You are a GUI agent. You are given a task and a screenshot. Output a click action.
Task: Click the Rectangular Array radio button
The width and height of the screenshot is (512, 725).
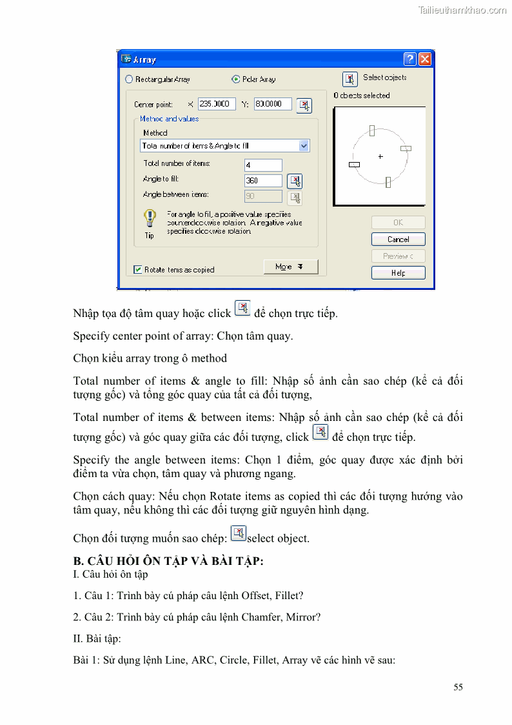129,79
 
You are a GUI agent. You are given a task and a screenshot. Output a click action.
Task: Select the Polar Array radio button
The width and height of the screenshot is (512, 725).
235,79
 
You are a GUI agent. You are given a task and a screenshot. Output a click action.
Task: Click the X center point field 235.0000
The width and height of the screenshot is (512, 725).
217,104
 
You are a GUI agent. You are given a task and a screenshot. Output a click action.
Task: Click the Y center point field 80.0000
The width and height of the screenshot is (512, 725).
272,104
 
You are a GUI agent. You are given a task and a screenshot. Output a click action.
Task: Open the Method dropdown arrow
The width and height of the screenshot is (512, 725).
304,146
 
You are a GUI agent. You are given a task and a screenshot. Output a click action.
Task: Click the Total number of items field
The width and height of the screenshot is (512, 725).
263,165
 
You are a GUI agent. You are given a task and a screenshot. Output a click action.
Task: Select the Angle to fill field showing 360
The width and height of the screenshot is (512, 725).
263,181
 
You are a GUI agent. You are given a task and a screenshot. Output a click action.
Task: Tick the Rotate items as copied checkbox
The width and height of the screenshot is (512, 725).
138,270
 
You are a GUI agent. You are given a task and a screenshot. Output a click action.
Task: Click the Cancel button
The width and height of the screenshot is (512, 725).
398,239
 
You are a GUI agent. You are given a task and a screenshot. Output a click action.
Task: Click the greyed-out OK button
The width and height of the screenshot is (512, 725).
398,222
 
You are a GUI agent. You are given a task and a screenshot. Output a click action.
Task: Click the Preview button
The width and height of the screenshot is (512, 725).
398,256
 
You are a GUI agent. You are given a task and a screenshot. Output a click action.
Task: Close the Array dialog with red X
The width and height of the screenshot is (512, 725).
424,59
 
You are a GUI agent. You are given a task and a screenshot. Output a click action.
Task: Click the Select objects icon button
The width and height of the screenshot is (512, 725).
350,79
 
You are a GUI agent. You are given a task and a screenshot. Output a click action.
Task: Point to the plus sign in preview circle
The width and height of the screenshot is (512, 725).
380,156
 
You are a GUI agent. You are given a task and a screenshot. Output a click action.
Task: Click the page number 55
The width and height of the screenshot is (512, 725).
458,687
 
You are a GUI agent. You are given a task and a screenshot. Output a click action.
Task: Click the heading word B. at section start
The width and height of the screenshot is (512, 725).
79,562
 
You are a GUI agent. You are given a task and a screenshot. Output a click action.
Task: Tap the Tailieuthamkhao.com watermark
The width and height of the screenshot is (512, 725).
462,10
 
